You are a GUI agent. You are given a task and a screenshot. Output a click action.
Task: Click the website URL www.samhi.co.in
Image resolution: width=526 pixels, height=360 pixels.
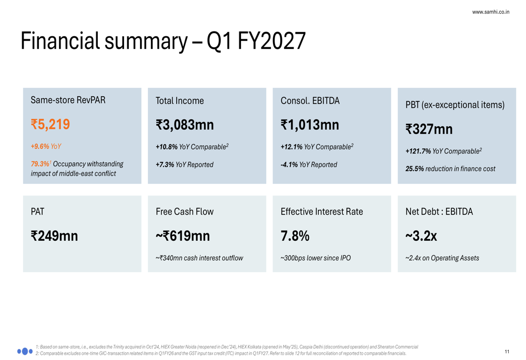tap(490, 12)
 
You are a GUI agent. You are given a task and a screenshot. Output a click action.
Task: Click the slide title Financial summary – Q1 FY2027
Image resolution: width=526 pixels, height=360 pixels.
tap(163, 41)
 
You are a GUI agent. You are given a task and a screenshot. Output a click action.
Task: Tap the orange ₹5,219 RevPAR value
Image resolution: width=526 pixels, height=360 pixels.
tap(50, 125)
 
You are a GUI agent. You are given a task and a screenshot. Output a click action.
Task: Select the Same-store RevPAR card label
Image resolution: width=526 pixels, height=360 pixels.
tap(68, 100)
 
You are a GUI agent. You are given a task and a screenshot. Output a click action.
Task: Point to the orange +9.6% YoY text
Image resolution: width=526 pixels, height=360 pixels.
tap(46, 146)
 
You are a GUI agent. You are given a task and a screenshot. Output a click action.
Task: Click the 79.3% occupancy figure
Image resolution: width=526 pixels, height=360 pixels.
tap(41, 163)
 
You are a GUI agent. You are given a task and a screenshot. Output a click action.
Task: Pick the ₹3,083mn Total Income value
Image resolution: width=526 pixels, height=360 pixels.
tap(185, 125)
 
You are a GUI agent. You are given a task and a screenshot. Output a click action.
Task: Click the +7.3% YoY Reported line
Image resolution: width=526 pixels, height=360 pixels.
tap(185, 164)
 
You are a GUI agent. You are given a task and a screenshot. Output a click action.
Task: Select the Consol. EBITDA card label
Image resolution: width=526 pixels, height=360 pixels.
tap(310, 100)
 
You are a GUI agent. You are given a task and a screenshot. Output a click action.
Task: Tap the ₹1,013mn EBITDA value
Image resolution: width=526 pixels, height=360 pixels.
tap(310, 125)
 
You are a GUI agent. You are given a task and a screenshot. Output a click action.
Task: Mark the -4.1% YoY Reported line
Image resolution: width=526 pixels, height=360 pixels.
tap(309, 164)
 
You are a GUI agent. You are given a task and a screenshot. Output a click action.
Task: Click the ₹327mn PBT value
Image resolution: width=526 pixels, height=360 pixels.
tap(429, 129)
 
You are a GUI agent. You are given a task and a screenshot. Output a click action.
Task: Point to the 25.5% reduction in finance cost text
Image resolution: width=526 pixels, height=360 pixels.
tap(450, 169)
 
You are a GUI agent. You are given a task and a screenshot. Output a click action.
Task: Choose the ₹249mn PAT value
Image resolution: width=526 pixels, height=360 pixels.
tap(54, 236)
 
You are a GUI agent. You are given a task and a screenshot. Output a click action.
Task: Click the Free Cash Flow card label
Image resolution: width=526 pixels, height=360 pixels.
tap(185, 211)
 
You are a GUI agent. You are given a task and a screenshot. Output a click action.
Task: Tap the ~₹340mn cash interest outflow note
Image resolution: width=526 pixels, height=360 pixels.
tap(199, 258)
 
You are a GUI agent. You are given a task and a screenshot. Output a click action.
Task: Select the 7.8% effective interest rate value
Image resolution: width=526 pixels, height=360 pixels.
tap(295, 236)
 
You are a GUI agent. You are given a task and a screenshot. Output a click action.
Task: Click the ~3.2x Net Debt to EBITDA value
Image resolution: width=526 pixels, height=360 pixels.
tap(421, 236)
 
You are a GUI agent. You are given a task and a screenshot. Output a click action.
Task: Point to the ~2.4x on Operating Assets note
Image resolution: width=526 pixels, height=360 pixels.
tap(442, 258)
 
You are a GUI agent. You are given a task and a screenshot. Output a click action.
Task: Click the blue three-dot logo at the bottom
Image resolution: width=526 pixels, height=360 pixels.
tap(25, 351)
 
